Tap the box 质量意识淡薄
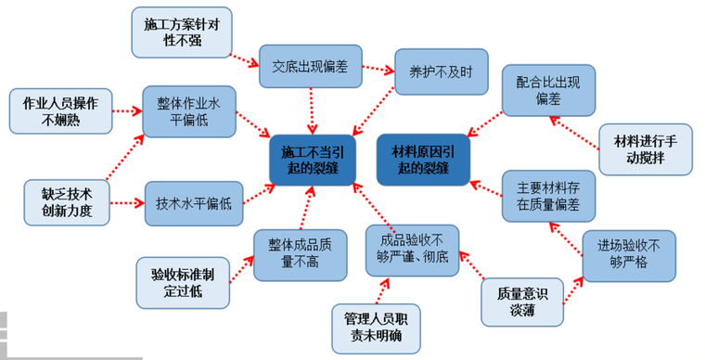tap(522, 302)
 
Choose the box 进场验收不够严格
tap(629, 254)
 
